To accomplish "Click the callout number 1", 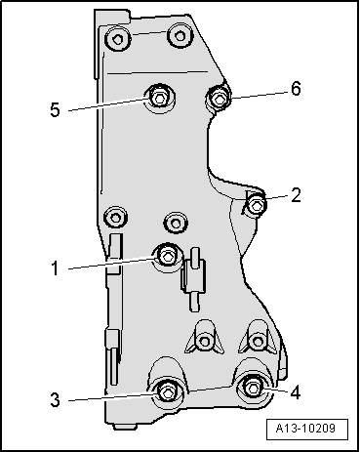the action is tap(55, 268).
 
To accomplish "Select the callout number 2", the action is tap(296, 195).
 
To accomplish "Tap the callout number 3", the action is tap(55, 399).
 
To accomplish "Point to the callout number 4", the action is tap(295, 392).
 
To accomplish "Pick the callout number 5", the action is tap(55, 109).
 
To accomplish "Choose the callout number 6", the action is tap(296, 89).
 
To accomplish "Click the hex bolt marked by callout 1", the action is tap(167, 257).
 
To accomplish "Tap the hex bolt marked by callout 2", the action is tap(257, 205).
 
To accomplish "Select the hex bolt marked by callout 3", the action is tap(167, 392).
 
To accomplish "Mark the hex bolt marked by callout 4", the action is tap(254, 388).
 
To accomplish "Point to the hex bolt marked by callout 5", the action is tap(159, 98).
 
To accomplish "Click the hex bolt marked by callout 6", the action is tap(219, 98).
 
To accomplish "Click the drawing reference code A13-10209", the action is tap(305, 428).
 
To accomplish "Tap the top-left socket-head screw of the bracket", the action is tap(117, 38).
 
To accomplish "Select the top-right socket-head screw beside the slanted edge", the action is tap(180, 35).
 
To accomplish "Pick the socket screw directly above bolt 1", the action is tap(176, 224).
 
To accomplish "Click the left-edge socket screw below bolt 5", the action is tap(115, 217).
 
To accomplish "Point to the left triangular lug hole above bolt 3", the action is tap(205, 341).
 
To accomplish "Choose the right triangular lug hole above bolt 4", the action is tap(258, 342).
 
